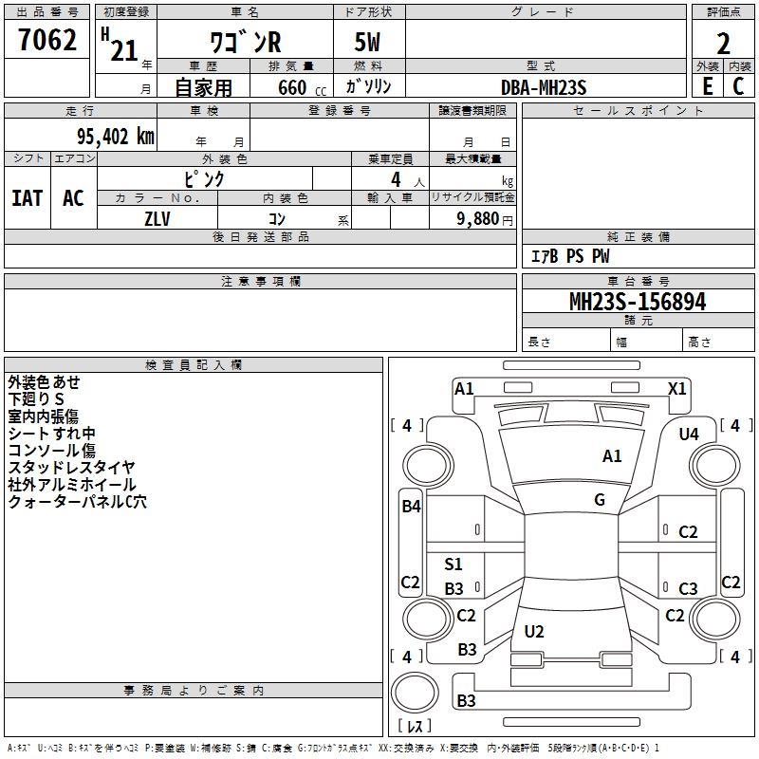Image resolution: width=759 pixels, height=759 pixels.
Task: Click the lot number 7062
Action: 47,41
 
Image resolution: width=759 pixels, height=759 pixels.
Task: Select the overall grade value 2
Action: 723,43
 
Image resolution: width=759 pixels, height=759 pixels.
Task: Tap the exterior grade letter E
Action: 707,85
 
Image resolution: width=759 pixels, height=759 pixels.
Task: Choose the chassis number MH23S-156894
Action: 638,302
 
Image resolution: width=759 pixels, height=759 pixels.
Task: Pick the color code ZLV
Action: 157,217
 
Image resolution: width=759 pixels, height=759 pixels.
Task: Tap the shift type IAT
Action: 27,198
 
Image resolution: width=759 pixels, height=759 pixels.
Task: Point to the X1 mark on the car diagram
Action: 677,388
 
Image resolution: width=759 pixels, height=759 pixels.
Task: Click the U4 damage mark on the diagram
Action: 689,434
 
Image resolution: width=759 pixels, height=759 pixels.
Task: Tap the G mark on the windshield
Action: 600,500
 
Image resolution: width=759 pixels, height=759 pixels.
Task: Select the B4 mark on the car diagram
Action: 411,507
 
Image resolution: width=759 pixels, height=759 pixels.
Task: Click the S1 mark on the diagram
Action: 454,565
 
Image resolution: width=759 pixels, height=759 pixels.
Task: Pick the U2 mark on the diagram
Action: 534,631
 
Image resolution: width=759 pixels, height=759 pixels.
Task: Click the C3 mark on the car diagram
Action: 688,589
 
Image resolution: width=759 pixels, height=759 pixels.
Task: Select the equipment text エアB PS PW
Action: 569,256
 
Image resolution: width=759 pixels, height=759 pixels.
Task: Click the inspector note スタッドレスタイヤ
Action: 72,468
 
